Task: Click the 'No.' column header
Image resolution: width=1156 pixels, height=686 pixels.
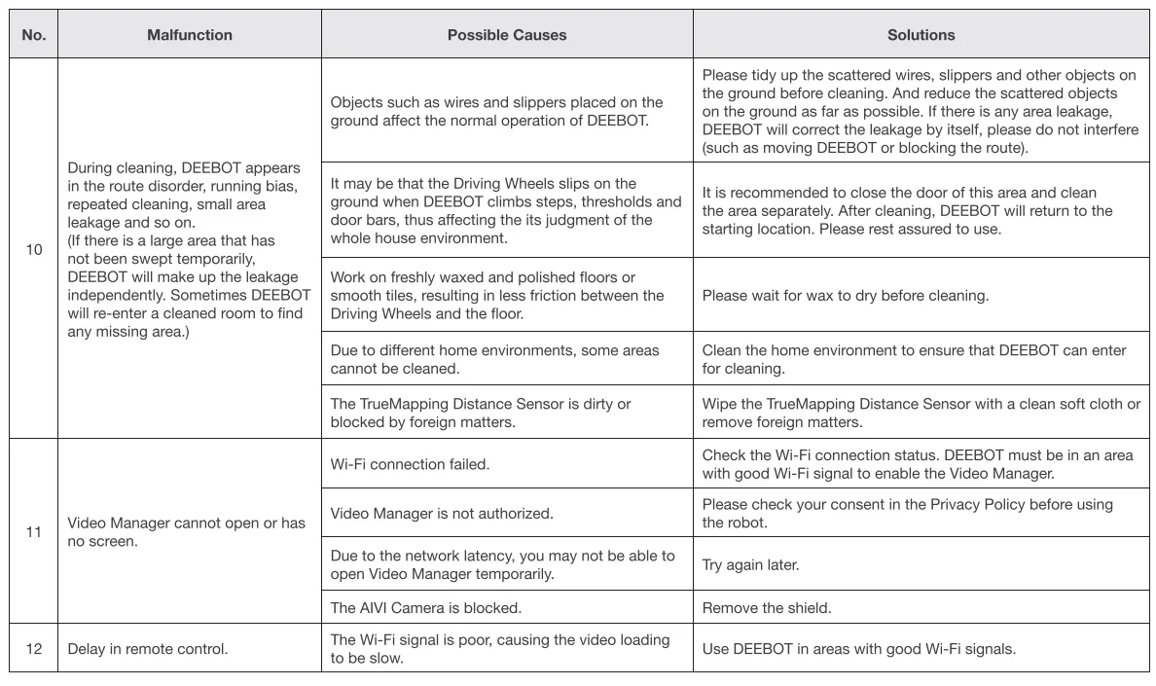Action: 34,35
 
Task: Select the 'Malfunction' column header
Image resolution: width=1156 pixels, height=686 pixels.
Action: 190,35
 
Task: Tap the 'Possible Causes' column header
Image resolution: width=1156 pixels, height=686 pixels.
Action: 507,35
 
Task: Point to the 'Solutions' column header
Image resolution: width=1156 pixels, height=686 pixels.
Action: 921,35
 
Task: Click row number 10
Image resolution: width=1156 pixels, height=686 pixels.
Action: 34,250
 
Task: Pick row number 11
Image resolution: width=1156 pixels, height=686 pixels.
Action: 34,532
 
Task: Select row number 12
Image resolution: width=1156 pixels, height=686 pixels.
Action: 34,649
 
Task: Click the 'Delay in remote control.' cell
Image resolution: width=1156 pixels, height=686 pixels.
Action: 148,649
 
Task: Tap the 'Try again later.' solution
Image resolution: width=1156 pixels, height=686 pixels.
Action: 750,564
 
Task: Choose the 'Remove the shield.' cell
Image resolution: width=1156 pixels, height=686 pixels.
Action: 767,608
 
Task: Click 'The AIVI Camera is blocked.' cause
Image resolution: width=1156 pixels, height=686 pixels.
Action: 426,608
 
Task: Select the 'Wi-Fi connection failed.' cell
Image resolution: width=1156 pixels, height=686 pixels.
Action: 410,464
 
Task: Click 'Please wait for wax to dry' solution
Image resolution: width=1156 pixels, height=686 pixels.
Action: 845,296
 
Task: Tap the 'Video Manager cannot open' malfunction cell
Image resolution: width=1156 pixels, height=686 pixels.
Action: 186,532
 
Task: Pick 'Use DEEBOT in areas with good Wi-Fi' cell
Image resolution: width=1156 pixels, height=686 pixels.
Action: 858,649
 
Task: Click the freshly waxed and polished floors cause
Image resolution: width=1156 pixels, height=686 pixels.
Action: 497,296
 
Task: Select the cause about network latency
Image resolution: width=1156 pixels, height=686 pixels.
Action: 502,564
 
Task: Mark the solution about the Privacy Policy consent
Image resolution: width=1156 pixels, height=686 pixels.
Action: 907,513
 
